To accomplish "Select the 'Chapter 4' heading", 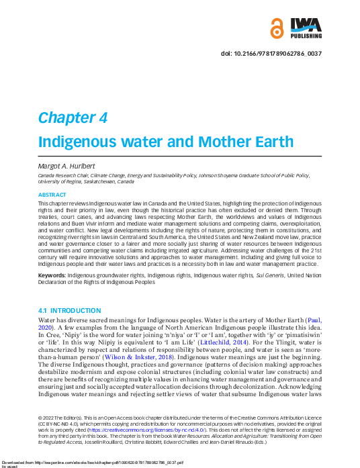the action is click(x=73, y=118).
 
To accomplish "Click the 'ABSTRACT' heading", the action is click(x=52, y=194).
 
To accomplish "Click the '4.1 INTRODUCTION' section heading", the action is click(x=70, y=311).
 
